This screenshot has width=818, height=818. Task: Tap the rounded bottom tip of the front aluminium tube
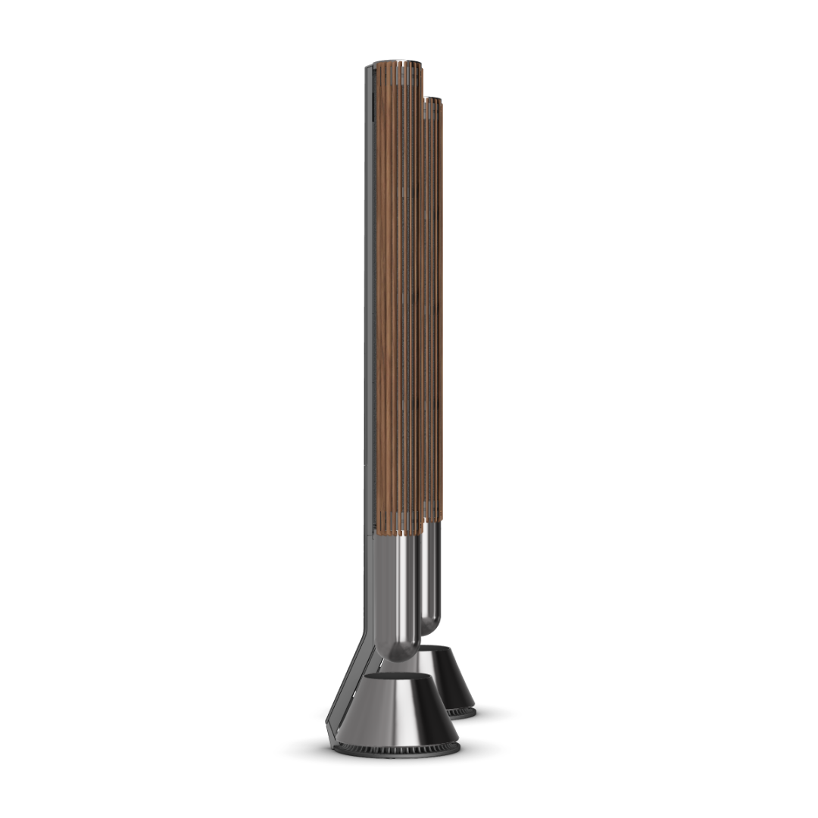tap(400, 651)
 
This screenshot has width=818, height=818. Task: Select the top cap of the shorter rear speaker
tap(432, 99)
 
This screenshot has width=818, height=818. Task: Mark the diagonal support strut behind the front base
tap(349, 667)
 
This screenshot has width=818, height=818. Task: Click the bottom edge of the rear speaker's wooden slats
tap(433, 520)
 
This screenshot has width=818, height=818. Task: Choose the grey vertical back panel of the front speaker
tap(370, 303)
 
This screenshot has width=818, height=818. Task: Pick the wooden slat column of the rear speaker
tap(433, 303)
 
